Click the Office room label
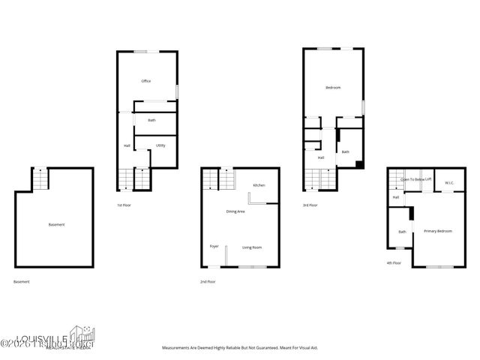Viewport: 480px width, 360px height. pos(147,81)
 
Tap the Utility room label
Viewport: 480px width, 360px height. pos(160,145)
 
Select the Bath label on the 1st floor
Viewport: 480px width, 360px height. pos(151,120)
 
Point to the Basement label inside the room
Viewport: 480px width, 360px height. pos(56,225)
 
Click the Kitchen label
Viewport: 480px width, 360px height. pos(259,185)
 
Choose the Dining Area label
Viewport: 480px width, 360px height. pos(235,211)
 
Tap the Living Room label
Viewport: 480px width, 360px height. pos(251,247)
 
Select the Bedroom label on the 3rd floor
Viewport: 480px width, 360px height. pos(333,88)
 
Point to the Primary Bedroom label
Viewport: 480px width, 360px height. pos(438,231)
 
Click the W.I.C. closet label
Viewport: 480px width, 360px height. pos(449,183)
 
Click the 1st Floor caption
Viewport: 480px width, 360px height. pos(124,205)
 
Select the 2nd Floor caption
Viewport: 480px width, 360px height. pos(208,281)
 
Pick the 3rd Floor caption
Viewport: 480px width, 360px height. pos(310,205)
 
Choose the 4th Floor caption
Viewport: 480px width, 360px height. pos(394,263)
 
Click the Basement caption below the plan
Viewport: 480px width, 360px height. pos(22,281)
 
